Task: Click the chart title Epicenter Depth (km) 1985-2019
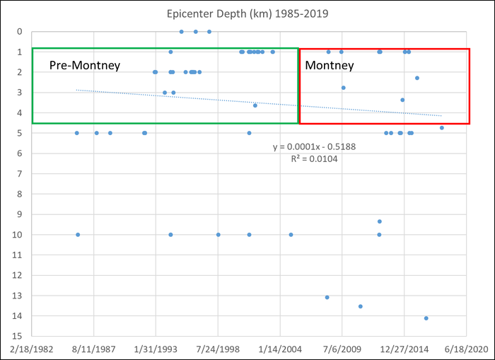[x=247, y=13]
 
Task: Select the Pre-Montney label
[x=85, y=65]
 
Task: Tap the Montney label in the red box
[x=329, y=65]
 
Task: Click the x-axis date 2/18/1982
[x=33, y=349]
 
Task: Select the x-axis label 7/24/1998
[x=218, y=349]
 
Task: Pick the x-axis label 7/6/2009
[x=342, y=349]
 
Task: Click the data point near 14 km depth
[x=426, y=318]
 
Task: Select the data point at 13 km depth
[x=327, y=297]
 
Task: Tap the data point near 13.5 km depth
[x=361, y=306]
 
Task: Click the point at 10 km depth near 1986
[x=78, y=234]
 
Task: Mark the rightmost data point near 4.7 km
[x=442, y=128]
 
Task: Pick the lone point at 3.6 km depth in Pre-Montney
[x=255, y=105]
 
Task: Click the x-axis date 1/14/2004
[x=280, y=349]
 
